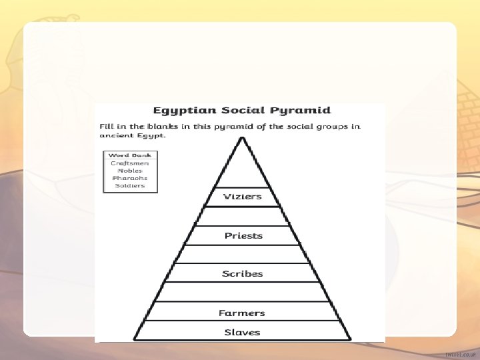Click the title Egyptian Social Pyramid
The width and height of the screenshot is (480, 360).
coord(242,111)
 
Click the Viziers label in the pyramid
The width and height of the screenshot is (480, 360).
coord(243,197)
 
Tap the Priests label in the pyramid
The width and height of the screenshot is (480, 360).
coord(243,235)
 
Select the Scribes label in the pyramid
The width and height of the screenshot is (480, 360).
coord(243,274)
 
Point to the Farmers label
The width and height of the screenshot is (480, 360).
coord(242,313)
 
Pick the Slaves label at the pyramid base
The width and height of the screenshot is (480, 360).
coord(242,332)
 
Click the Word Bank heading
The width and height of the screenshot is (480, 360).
coord(130,155)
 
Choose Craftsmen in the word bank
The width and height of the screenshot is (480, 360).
coord(130,163)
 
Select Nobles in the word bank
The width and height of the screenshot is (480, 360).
coord(130,171)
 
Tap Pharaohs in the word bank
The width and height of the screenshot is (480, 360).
coord(130,178)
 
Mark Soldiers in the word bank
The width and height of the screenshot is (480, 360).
coord(130,185)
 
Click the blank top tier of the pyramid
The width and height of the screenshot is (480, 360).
coord(243,170)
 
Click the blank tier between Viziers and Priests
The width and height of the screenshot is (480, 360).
coord(243,216)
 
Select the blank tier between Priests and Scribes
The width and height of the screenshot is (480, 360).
coord(243,255)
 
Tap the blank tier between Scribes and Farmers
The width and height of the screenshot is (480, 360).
coord(243,292)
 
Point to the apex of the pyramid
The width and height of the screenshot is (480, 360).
coord(243,138)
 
